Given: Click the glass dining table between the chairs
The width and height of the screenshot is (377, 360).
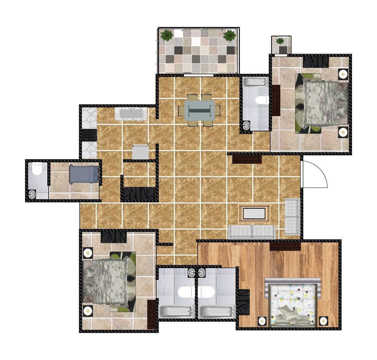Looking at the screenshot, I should click(x=199, y=110).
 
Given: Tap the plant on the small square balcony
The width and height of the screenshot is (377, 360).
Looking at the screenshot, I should click(x=280, y=41).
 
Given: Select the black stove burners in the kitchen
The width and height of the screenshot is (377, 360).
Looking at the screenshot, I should click(x=90, y=135).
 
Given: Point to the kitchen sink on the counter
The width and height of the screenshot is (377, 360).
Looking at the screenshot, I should click(x=131, y=113).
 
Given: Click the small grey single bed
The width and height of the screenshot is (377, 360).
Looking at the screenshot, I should click(x=84, y=175).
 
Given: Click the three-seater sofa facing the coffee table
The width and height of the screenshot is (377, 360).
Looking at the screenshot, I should click(x=252, y=232).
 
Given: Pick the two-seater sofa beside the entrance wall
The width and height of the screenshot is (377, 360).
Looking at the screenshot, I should click(x=292, y=216).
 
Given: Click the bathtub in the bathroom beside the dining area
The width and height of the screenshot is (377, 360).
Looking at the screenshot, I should click(x=254, y=82).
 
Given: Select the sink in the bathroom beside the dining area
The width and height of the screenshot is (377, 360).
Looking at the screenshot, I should click(x=246, y=125).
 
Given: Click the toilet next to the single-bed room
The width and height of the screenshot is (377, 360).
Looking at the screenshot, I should click(x=36, y=169).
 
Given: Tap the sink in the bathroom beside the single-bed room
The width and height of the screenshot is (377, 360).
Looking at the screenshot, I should click(x=32, y=194).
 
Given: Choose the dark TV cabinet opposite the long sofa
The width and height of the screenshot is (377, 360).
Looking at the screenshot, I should click(x=247, y=159).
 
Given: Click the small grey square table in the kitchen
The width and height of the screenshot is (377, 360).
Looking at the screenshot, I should click(x=140, y=152).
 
